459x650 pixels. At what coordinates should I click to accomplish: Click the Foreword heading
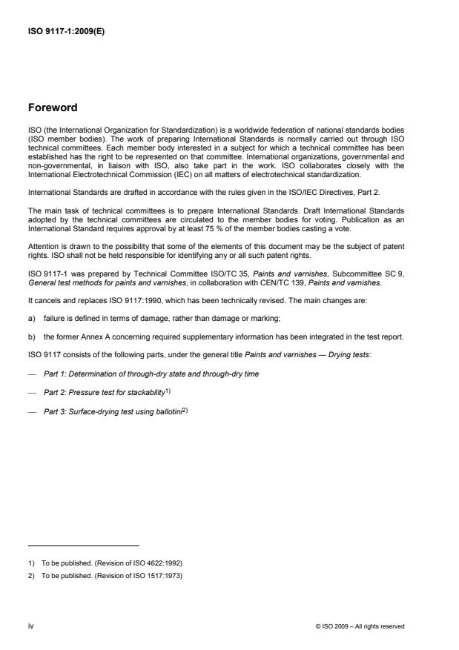click(x=53, y=107)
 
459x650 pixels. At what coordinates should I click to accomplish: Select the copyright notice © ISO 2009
click(x=360, y=626)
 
